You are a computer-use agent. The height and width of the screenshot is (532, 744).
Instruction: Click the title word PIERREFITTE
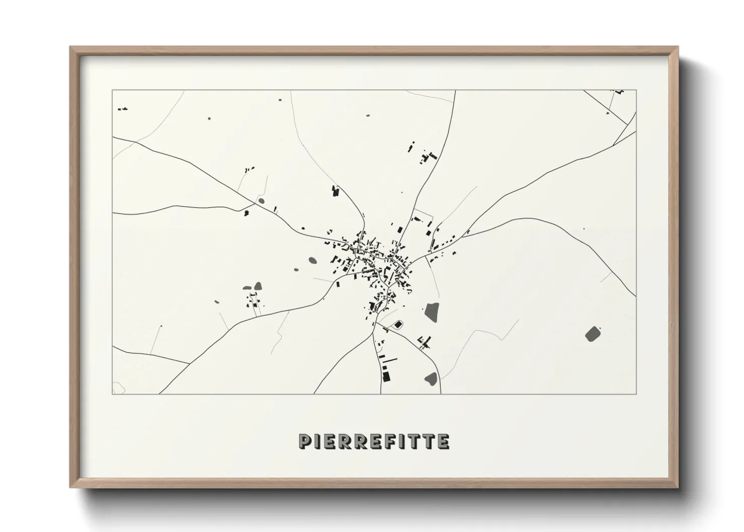(x=374, y=441)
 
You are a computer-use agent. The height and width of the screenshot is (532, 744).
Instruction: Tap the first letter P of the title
(x=305, y=441)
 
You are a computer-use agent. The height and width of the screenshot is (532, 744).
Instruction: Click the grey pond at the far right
(x=593, y=333)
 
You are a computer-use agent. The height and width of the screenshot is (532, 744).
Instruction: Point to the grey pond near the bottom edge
(x=431, y=379)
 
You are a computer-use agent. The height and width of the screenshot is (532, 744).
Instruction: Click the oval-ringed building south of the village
(x=398, y=324)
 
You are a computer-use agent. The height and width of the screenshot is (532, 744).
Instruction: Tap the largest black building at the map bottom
(x=386, y=377)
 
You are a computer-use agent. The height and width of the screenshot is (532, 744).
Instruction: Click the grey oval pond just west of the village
(x=312, y=261)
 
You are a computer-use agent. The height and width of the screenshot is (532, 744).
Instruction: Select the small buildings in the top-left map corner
(x=122, y=108)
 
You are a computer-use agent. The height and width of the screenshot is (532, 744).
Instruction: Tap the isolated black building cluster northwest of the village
(x=335, y=191)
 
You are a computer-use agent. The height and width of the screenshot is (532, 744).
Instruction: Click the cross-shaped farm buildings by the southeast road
(x=425, y=342)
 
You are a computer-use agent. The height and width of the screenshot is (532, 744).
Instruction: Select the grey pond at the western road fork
(x=261, y=201)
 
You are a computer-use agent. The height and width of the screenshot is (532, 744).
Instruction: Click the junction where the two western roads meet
(x=254, y=205)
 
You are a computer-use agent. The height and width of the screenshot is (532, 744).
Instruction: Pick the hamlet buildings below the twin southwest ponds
(x=253, y=301)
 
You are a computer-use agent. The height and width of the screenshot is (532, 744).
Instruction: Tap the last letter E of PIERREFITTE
(x=443, y=441)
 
